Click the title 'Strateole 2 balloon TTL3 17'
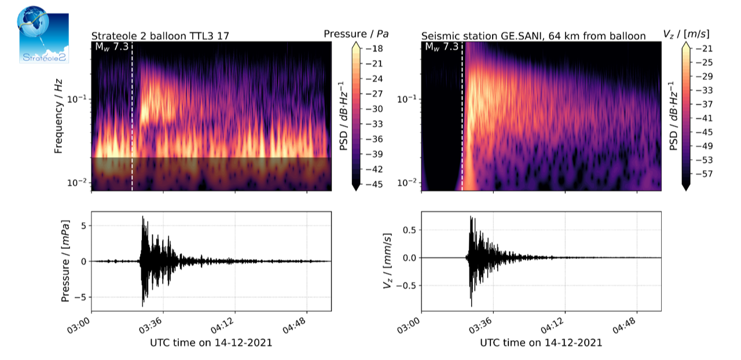coord(160,36)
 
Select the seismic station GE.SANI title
coord(533,36)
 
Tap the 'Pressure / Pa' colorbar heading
coord(357,34)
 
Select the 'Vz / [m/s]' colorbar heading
coord(687,34)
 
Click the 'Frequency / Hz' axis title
coord(58,116)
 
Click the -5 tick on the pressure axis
coord(82,297)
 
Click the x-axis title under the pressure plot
coord(211,343)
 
